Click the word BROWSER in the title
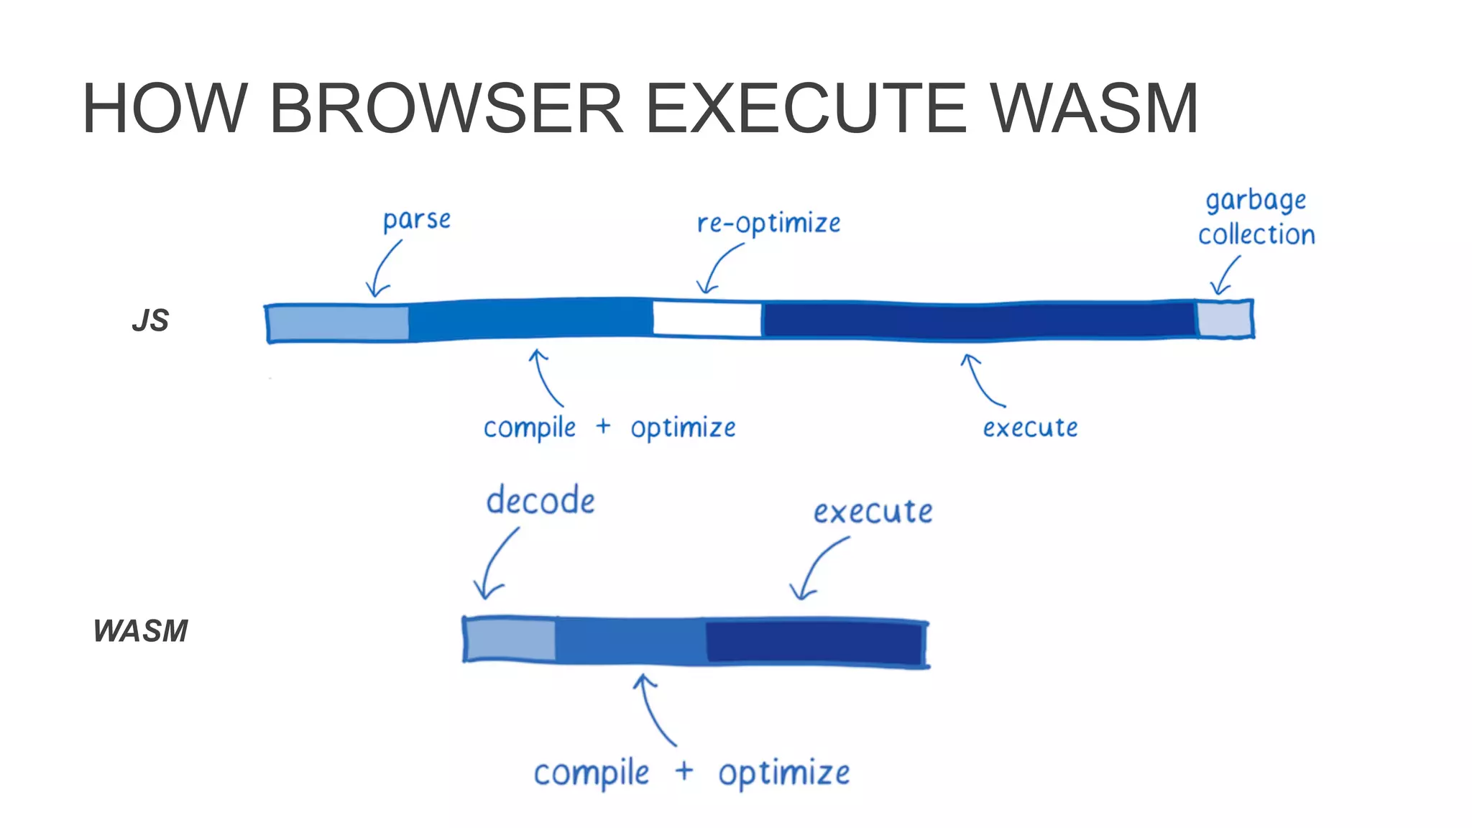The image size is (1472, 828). pos(446,109)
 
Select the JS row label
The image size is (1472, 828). pos(150,321)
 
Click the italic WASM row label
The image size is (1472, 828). pos(141,631)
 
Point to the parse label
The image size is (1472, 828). pos(416,220)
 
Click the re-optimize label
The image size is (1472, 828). pos(768,224)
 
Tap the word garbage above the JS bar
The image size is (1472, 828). pos(1256,201)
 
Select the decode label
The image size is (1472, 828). pos(540,500)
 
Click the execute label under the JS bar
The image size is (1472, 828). pos(1030,428)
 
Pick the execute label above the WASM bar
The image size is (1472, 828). pos(873,512)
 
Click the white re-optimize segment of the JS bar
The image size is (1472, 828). pos(707,319)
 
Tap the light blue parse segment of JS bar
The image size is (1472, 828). pos(338,323)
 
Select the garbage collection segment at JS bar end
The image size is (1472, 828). pos(1224,319)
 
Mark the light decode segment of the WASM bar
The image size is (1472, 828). pos(510,639)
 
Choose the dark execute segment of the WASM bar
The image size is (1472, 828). pos(814,642)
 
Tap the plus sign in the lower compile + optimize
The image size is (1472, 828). pos(684,770)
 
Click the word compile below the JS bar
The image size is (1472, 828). pos(530,428)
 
